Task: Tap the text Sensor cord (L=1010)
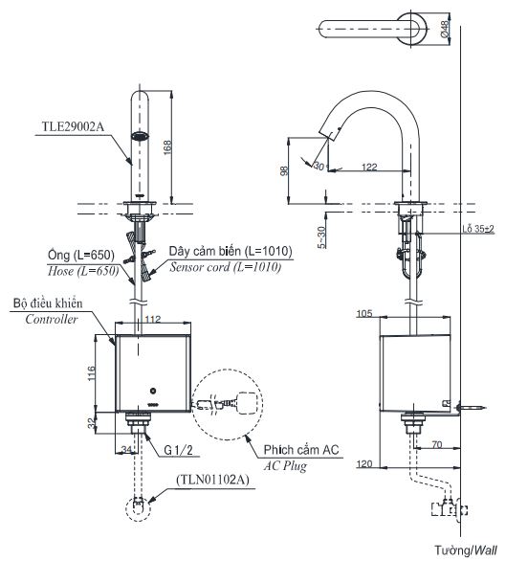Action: (225, 268)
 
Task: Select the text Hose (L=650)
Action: (81, 272)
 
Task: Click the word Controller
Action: (51, 320)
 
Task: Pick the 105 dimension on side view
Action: (391, 313)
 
